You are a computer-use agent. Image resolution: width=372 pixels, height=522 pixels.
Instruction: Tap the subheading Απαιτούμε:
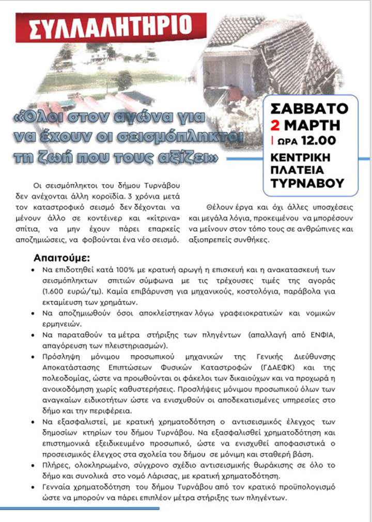coord(62,257)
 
